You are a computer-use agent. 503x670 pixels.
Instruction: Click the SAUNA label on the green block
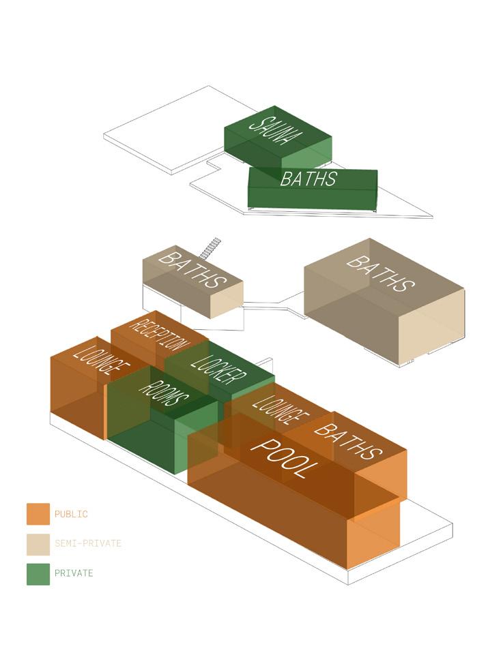[x=275, y=134]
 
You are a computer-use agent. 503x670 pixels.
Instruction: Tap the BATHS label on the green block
[x=308, y=179]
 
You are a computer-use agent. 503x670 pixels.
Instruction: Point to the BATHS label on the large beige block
[x=381, y=272]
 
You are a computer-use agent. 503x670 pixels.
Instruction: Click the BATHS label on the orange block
[x=347, y=440]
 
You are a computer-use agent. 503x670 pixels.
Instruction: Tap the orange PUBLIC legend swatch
[x=38, y=514]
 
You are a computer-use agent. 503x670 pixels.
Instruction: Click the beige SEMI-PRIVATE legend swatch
[x=38, y=543]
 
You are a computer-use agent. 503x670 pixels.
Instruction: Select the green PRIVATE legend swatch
[x=38, y=573]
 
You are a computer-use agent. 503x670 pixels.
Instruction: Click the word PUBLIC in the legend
[x=71, y=515]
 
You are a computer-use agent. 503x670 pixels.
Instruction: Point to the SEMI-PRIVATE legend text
[x=88, y=544]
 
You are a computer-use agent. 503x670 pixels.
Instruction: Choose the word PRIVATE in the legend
[x=74, y=573]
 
